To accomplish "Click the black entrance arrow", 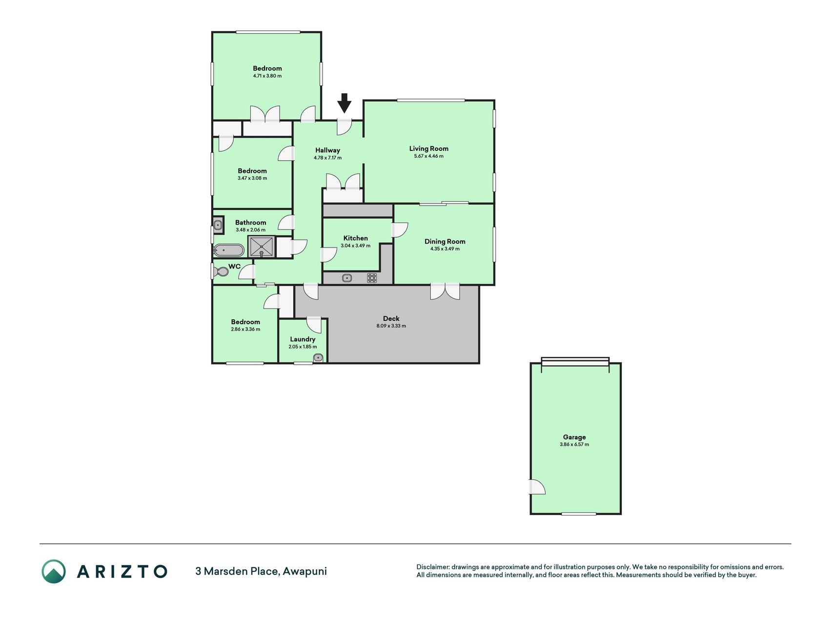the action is [x=345, y=103].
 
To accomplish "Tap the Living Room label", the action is [x=428, y=148].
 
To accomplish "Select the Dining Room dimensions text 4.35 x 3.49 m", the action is [x=445, y=249].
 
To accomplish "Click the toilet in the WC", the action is [x=221, y=271].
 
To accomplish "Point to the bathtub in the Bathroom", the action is [x=228, y=250].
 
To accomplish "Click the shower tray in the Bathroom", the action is [x=262, y=247].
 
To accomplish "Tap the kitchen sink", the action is [x=347, y=278].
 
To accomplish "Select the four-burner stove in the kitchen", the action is [x=372, y=278].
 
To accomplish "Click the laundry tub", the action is [x=318, y=357].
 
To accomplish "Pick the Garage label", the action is [x=574, y=437].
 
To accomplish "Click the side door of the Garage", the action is [x=538, y=487].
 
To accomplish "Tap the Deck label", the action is [x=391, y=318].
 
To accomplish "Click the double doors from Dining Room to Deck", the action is [x=445, y=292].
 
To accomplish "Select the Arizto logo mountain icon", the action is [x=54, y=571].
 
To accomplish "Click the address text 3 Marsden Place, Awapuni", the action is [x=261, y=571].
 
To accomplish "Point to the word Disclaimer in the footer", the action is [x=432, y=567].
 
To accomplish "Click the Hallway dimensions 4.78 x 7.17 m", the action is [x=327, y=158].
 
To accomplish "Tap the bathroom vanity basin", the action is [x=218, y=226].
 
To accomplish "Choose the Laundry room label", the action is [x=303, y=339].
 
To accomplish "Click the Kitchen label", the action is [x=356, y=238].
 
